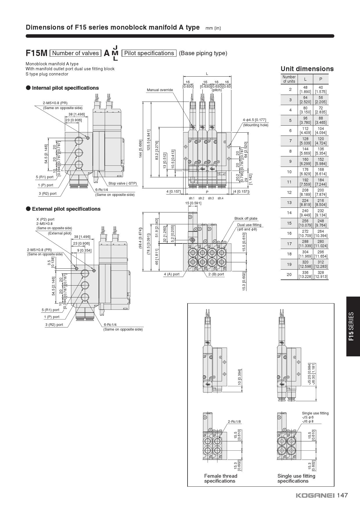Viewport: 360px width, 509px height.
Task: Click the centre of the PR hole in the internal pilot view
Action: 88,138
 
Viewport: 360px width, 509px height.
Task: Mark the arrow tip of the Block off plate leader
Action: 222,242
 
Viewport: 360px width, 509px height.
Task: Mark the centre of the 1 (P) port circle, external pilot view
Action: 85,285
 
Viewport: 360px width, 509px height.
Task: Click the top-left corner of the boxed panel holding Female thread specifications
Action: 188,304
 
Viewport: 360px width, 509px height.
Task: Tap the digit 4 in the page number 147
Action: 342,495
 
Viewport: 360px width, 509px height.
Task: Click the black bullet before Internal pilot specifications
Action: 28,88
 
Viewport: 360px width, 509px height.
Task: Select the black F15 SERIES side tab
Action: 353,326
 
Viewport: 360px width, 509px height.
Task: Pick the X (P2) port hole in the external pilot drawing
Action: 94,271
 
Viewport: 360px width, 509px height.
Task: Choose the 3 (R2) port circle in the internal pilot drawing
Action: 79,165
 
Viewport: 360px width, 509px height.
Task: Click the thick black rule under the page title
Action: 180,36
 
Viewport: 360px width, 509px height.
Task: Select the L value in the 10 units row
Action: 305,172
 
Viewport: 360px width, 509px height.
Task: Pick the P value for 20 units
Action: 321,274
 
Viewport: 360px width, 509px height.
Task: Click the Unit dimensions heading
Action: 307,69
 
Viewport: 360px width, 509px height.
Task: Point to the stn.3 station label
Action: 211,198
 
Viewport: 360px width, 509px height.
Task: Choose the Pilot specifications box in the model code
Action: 149,53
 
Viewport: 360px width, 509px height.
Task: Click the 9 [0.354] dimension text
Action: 84,250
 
